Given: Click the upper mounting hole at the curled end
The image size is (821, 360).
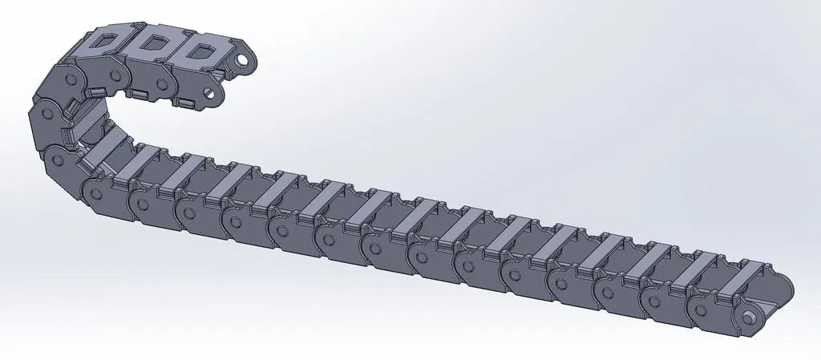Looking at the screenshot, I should [x=241, y=61].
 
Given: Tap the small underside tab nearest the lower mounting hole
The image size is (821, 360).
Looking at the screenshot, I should [x=186, y=103].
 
